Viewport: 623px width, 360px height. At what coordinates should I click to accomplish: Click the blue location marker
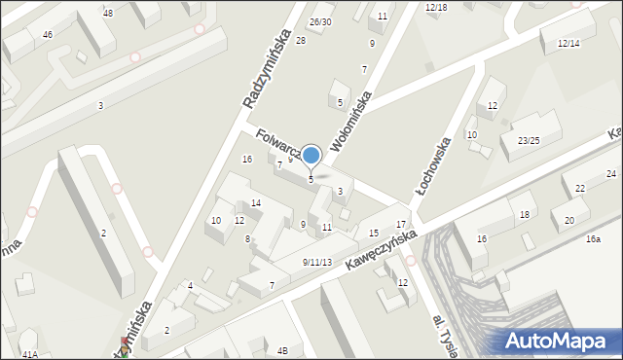311,155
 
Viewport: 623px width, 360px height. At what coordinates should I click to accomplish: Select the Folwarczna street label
277,144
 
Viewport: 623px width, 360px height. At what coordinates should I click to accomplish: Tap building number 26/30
320,21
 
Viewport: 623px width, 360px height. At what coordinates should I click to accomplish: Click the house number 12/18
436,8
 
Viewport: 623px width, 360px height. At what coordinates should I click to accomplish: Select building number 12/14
568,44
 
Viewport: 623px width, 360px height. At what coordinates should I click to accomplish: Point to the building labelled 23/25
529,141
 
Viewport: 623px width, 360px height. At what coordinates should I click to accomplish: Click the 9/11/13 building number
317,262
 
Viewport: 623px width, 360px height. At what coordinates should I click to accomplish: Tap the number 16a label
593,238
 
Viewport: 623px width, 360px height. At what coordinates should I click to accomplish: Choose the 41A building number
30,355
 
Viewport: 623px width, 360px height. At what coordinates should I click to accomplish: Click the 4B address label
282,350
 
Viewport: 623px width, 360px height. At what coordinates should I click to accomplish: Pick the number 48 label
107,13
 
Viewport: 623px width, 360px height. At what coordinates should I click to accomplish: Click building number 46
47,34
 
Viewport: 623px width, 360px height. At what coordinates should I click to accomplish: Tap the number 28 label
301,40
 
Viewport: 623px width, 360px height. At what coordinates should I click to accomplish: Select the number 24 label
611,174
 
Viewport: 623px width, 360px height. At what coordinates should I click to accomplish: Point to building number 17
400,225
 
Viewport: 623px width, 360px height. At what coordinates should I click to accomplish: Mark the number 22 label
580,189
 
